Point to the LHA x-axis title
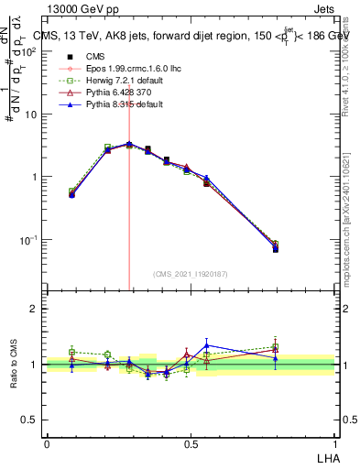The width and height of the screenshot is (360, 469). pos(330,457)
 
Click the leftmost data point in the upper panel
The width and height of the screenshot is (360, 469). pos(72,193)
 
